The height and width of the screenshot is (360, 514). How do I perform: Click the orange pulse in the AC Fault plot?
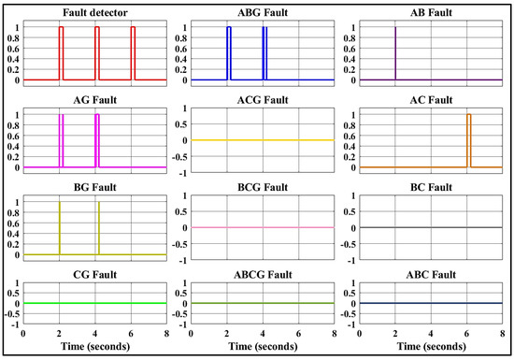click(x=469, y=140)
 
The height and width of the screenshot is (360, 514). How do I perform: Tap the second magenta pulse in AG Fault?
click(x=97, y=140)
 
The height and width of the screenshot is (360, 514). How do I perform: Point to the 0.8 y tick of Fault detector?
click(x=16, y=39)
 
